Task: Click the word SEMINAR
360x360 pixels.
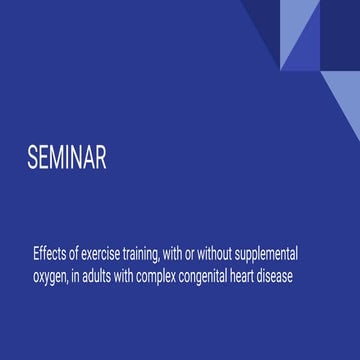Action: coord(66,160)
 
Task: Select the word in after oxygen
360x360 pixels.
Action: coord(82,276)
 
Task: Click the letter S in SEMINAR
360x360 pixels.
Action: coord(33,160)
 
